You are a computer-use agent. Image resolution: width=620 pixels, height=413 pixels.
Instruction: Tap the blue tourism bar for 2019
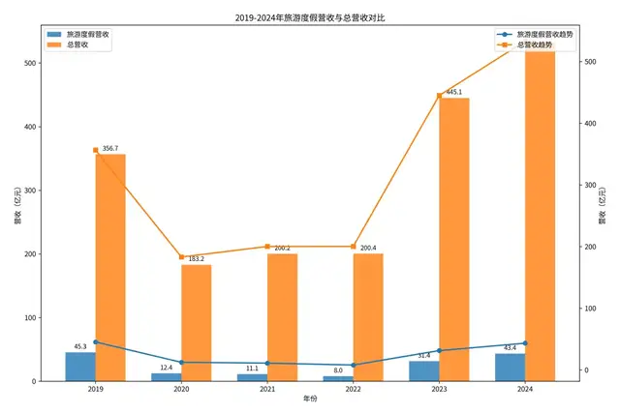point(80,367)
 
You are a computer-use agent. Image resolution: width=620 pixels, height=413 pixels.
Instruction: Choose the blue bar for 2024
point(510,368)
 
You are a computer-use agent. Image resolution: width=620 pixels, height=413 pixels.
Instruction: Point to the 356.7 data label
point(109,149)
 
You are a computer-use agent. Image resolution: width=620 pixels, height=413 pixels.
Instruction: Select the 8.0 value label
point(337,370)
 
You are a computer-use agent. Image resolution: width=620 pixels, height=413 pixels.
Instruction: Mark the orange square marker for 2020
point(181,257)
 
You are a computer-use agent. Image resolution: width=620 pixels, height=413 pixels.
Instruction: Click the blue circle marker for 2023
point(439,351)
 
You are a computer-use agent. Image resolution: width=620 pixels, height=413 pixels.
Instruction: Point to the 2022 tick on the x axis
point(353,389)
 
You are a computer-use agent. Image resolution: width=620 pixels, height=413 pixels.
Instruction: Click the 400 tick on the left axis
point(29,127)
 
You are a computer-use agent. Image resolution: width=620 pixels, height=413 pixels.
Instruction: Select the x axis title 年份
point(310,401)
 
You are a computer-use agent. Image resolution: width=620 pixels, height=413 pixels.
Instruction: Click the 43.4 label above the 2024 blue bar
point(510,347)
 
